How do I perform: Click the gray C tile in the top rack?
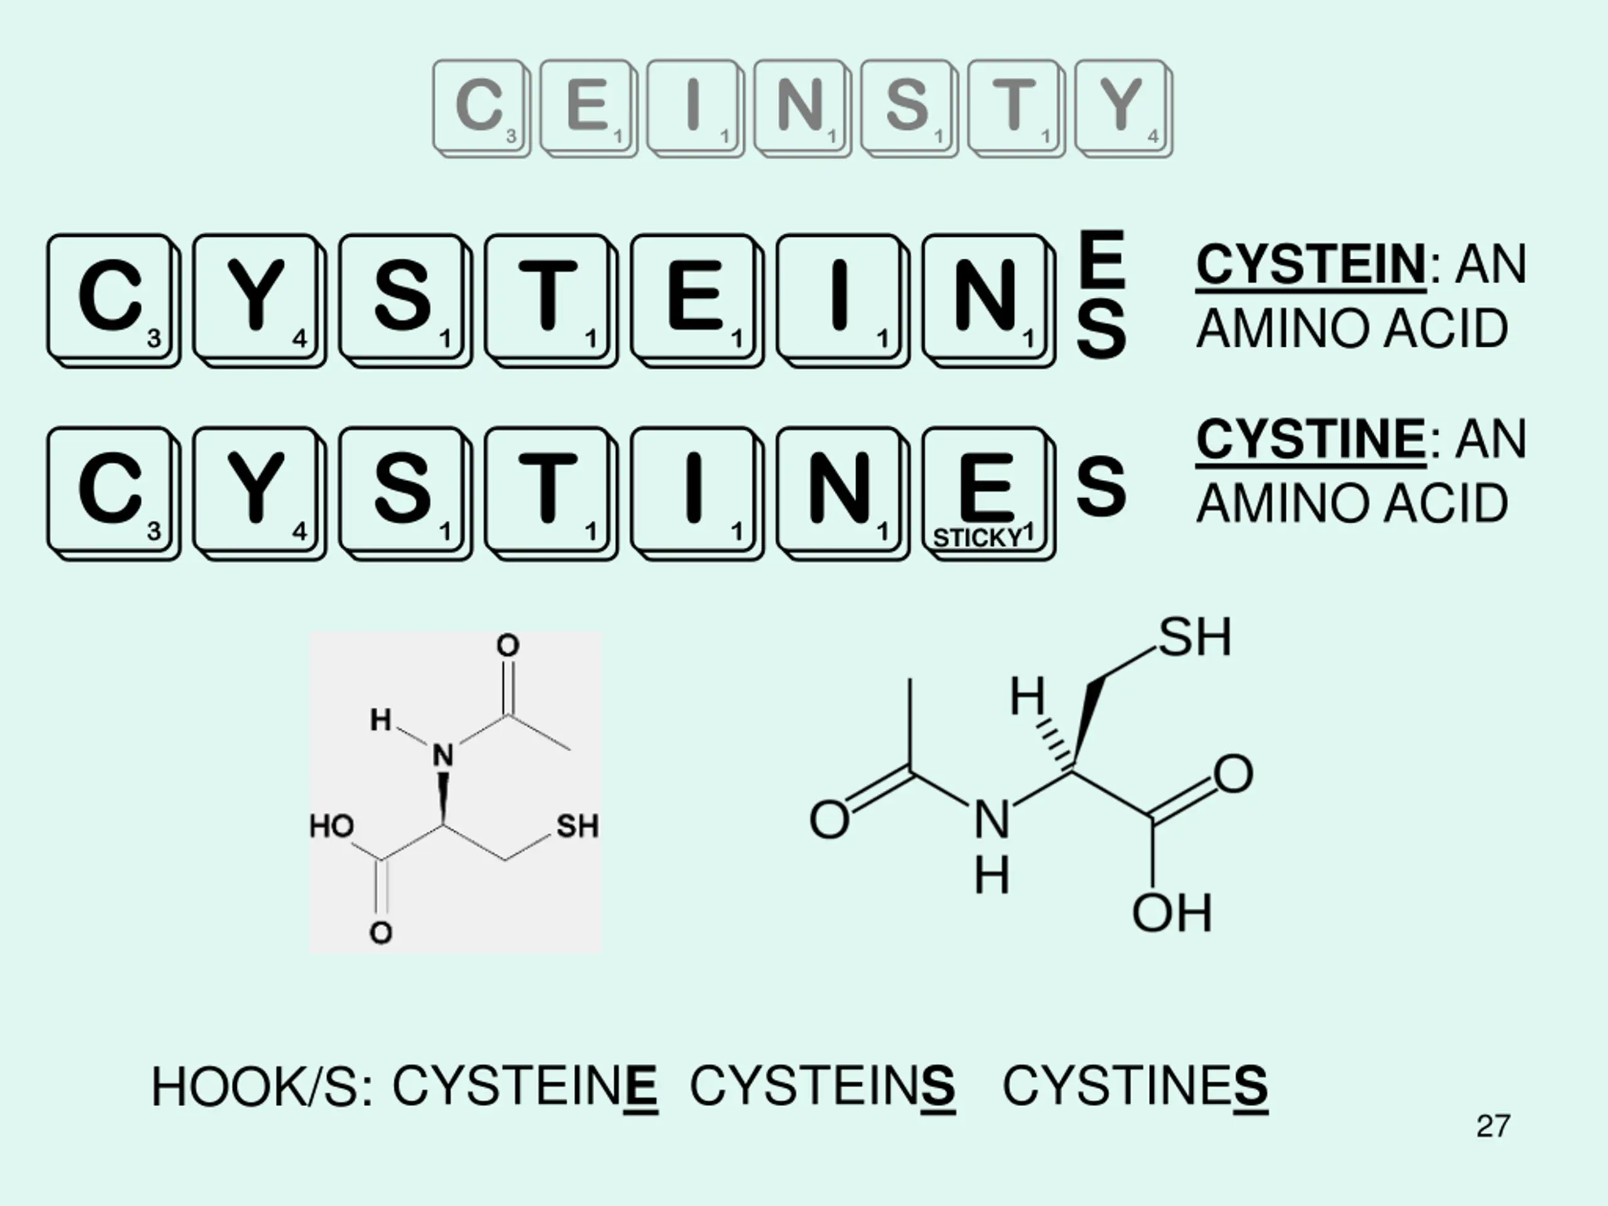[x=481, y=107]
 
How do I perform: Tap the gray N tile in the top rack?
[x=801, y=107]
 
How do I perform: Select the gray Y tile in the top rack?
[x=1122, y=107]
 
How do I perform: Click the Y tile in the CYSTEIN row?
[x=258, y=299]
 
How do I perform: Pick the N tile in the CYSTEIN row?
[x=986, y=299]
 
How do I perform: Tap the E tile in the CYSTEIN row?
[x=695, y=299]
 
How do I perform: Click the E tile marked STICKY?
[x=986, y=491]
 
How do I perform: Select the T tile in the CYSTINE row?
[x=549, y=491]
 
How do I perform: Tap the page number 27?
[x=1493, y=1126]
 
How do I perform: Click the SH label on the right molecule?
[x=1194, y=638]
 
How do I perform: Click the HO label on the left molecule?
[x=332, y=827]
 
